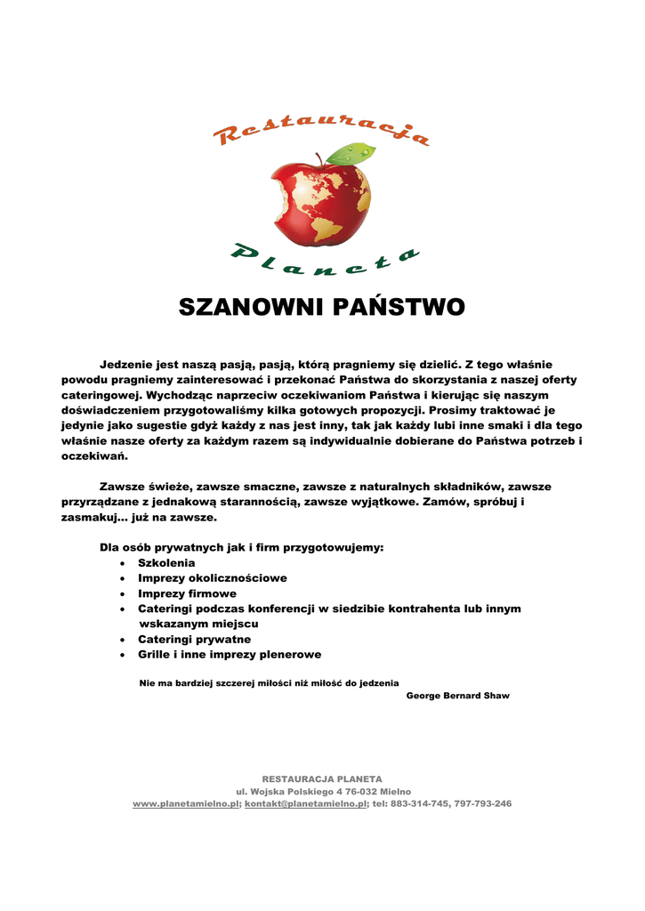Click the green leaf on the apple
click(351, 154)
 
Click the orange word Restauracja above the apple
click(322, 132)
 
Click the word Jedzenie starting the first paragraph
click(125, 365)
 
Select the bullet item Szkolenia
click(166, 563)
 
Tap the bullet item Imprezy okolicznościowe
click(212, 578)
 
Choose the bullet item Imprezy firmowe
click(187, 593)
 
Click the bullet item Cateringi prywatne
click(194, 640)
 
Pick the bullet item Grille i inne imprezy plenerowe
click(230, 655)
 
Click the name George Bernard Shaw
click(457, 696)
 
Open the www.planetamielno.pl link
click(187, 803)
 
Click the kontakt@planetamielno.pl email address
click(306, 803)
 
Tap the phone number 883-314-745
click(419, 803)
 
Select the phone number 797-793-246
click(482, 803)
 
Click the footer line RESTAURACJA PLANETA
click(322, 778)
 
